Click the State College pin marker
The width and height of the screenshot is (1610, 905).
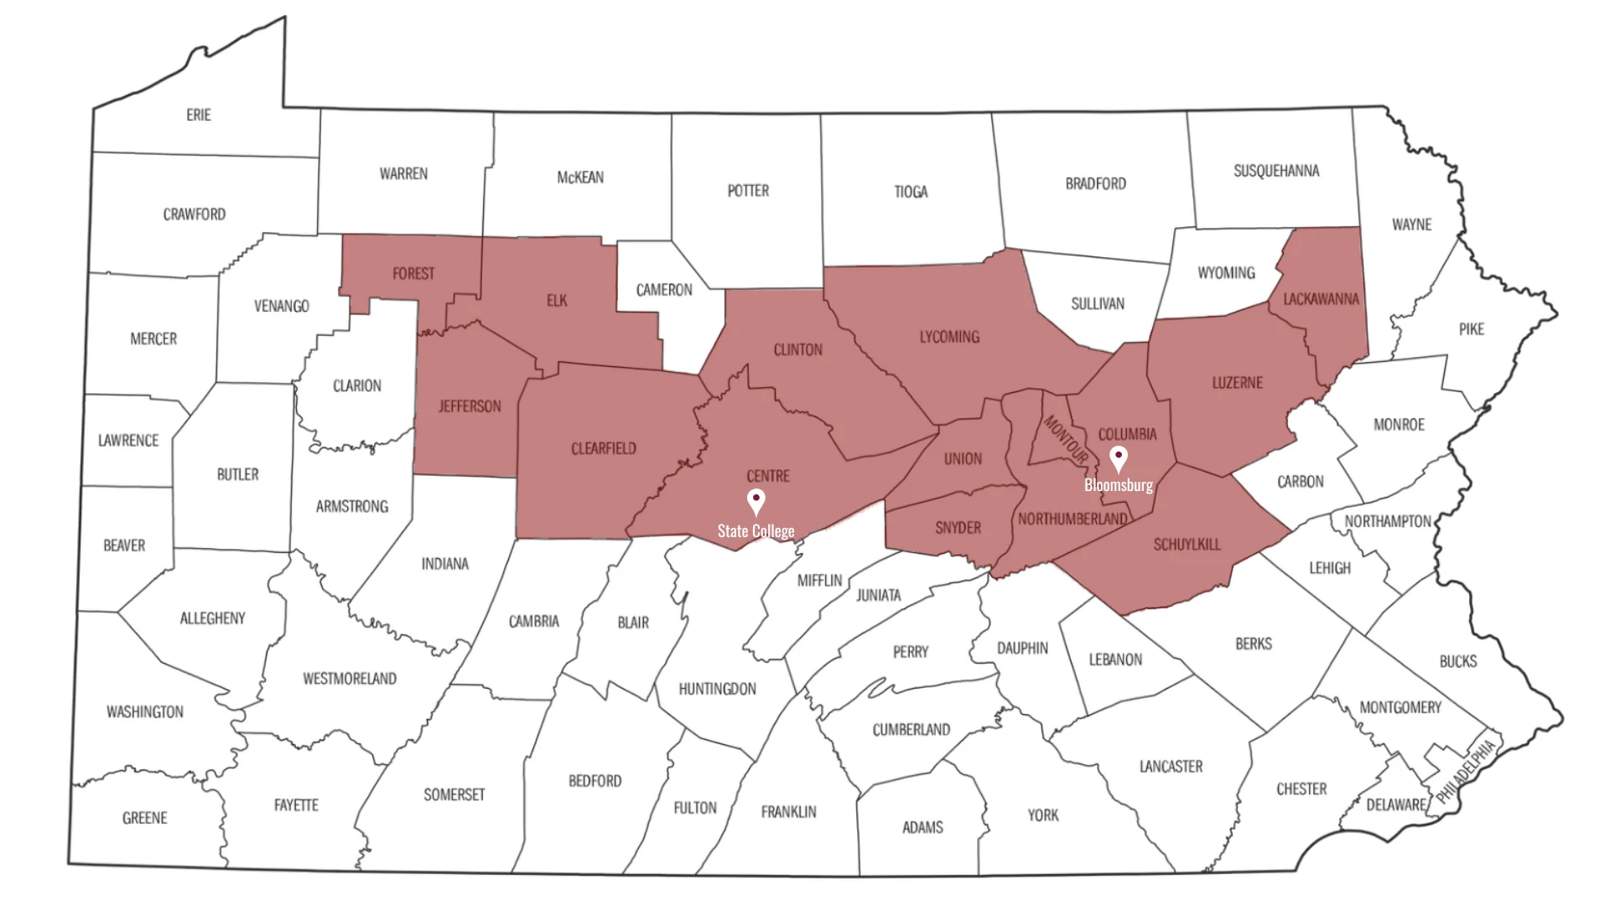(756, 501)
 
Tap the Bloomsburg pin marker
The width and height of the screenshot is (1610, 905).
(1118, 458)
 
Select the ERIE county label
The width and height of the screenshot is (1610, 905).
(199, 115)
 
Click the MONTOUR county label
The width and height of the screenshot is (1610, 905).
(1065, 440)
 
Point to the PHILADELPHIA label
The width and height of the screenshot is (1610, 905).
(1465, 772)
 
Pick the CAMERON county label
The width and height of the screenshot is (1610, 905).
(664, 290)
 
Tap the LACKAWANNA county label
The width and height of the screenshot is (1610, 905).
(1321, 298)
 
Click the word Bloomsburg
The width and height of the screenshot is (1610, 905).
(1118, 485)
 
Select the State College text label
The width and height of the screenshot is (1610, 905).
(756, 531)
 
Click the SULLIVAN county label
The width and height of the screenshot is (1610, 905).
(1098, 303)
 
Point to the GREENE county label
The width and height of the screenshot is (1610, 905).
(145, 818)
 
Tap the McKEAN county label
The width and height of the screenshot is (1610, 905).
(580, 177)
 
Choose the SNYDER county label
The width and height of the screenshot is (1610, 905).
(958, 528)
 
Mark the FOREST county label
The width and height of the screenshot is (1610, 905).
(413, 273)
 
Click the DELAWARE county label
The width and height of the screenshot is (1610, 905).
(1396, 804)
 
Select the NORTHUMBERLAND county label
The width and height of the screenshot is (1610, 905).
(1072, 520)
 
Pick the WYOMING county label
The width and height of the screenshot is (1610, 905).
(1226, 272)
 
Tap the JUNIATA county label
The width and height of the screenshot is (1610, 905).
(878, 595)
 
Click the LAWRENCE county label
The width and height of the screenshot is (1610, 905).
(128, 440)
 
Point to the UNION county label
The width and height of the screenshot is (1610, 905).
(963, 458)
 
